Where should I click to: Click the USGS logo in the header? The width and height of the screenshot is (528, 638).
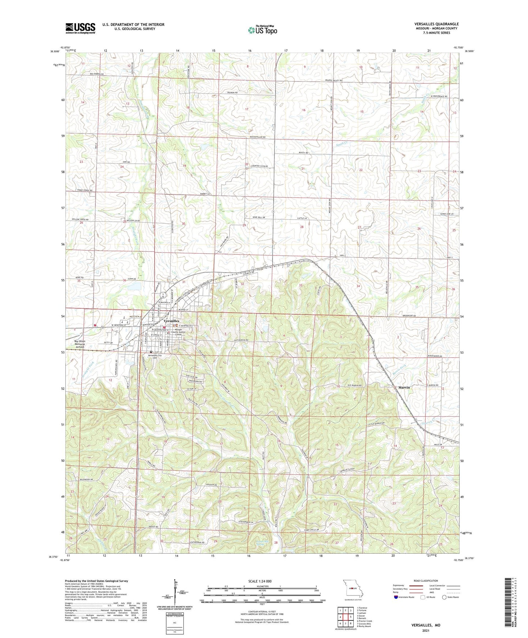point(80,28)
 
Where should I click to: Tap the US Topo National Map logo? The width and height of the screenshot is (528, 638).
point(262,30)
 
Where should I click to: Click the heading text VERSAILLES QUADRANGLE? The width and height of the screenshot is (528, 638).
point(436,24)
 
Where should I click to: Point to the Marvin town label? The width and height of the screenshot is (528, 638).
point(404,387)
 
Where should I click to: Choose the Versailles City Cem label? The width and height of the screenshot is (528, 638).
point(155,357)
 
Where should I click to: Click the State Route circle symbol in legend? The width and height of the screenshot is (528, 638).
point(444,597)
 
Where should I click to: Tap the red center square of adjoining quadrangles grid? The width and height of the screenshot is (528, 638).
point(345,617)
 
